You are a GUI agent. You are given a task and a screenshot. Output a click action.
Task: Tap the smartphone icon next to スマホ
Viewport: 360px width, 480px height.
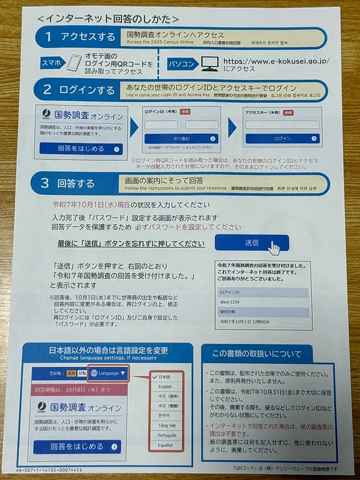coord(74,65)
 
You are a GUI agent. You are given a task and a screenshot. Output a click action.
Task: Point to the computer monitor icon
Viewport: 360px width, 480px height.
coord(210,64)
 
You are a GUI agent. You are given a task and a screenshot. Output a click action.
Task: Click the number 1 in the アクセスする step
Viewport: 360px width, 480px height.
coord(47,37)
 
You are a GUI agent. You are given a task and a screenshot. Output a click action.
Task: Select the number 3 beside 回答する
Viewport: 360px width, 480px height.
coord(44,183)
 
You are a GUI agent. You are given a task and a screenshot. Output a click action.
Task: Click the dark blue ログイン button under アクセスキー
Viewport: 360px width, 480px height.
coord(282,138)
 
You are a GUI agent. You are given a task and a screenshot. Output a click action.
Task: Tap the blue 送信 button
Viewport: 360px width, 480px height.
coord(251,243)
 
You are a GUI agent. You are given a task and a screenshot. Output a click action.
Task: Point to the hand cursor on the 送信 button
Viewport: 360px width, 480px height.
coord(274,248)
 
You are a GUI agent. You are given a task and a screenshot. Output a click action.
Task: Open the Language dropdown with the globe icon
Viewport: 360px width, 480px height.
coord(108,373)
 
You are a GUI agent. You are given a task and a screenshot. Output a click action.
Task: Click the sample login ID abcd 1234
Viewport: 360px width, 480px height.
coord(231,302)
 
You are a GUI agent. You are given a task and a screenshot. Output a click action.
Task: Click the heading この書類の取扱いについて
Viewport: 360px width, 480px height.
coord(256,354)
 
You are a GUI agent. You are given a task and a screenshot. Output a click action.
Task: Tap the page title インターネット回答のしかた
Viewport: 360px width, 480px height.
coord(108,19)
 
